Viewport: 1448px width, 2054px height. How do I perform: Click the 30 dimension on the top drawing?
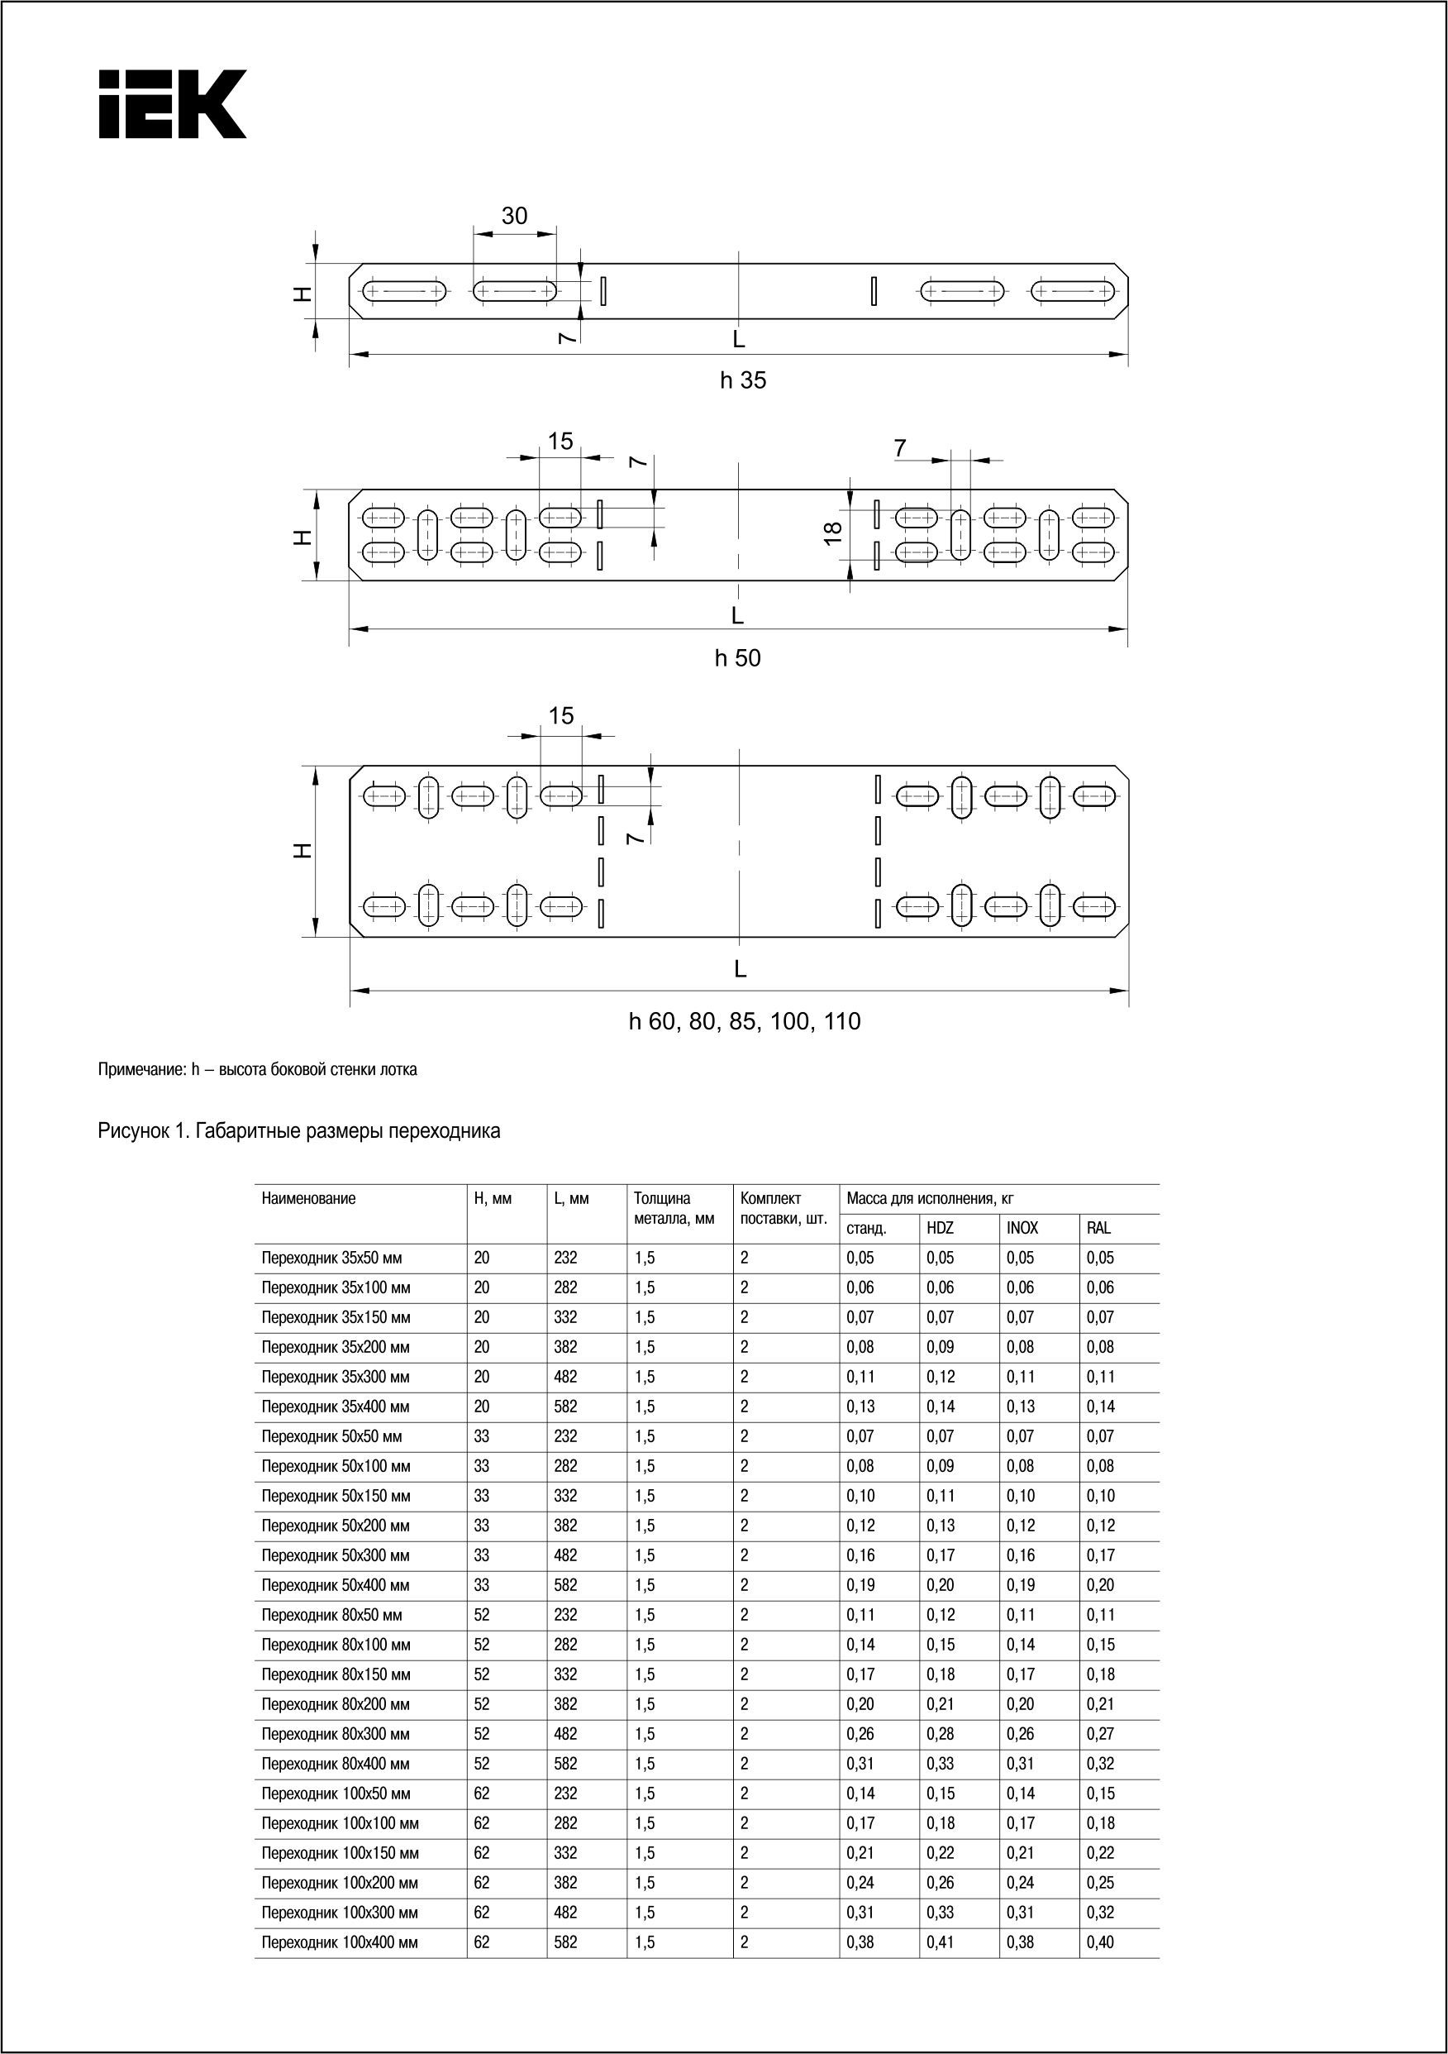point(514,216)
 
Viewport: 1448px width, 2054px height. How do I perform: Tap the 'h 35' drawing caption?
point(743,380)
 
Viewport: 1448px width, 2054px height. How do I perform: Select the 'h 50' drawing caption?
point(738,658)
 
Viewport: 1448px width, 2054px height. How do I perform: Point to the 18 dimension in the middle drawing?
point(832,533)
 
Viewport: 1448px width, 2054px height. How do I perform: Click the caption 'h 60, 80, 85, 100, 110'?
point(744,1022)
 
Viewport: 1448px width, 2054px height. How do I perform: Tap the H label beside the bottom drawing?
point(303,851)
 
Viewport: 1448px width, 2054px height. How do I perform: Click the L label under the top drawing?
point(739,339)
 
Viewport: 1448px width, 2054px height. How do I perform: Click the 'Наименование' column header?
point(308,1199)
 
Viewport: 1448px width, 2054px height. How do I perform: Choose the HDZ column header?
point(940,1228)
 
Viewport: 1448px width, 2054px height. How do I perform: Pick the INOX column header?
point(1022,1228)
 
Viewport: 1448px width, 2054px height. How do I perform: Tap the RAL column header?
point(1098,1228)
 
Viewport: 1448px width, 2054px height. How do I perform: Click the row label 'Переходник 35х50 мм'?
point(331,1258)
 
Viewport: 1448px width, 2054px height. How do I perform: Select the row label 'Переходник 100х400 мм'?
point(339,1942)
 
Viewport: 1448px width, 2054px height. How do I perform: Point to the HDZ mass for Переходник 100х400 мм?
point(940,1942)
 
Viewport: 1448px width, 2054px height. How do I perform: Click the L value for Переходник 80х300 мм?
point(565,1734)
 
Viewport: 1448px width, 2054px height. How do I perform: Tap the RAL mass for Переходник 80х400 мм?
point(1100,1763)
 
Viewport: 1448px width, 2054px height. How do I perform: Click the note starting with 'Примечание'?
point(258,1070)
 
